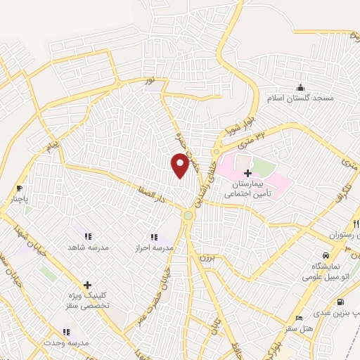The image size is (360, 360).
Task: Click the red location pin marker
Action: coord(181,165)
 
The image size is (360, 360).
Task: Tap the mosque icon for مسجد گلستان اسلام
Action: coord(301,87)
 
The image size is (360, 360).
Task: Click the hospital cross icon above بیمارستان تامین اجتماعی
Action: coord(247,173)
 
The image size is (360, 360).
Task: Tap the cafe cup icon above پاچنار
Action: coord(19,188)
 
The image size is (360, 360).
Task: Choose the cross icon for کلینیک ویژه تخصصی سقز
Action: coord(87,285)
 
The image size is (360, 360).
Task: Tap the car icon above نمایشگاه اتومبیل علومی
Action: coord(325,255)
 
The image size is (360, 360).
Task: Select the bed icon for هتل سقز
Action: coord(300,319)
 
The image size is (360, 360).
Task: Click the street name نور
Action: coord(148,83)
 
